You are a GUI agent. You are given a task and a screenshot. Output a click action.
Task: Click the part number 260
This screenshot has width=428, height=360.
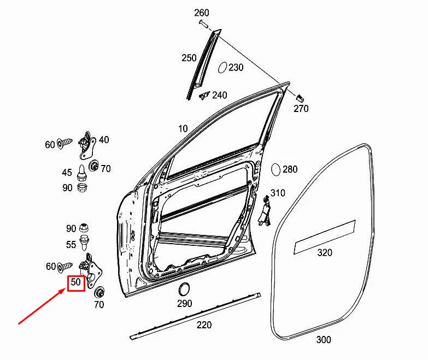(x=201, y=12)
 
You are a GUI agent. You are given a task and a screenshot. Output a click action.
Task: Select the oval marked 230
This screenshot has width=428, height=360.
(x=222, y=68)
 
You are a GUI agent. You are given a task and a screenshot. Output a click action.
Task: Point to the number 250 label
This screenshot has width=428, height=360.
(x=189, y=57)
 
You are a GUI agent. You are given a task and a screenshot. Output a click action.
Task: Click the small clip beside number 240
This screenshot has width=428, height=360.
(x=204, y=96)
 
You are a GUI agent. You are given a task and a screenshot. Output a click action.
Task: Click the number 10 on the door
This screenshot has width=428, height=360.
(x=183, y=129)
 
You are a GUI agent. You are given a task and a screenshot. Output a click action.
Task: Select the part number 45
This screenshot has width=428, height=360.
(x=67, y=173)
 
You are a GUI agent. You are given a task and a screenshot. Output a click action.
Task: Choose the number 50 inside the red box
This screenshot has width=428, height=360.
(x=75, y=283)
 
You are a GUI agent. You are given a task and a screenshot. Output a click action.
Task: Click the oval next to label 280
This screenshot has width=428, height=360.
(x=275, y=169)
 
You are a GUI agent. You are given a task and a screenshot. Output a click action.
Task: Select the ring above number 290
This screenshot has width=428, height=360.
(x=184, y=289)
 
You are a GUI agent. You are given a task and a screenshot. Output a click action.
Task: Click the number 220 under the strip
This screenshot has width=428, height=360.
(x=204, y=325)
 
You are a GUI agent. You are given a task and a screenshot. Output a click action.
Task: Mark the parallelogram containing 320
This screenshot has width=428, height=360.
(x=325, y=237)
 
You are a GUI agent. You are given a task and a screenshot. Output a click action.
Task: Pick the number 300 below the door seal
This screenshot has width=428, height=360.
(x=323, y=340)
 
